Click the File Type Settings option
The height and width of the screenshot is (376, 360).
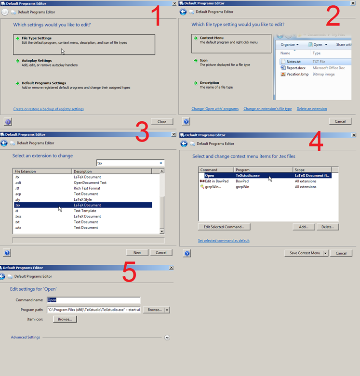click(x=84, y=44)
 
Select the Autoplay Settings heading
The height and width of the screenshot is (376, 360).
click(x=37, y=61)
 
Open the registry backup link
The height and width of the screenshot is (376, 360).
click(x=49, y=109)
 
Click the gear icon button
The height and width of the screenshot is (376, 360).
click(x=8, y=122)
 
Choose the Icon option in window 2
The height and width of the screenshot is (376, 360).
click(x=203, y=61)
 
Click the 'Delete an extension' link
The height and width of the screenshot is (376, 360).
click(x=312, y=109)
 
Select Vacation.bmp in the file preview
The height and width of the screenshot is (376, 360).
click(x=297, y=74)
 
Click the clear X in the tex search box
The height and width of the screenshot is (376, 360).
click(x=161, y=163)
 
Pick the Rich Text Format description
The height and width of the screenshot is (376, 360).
click(x=87, y=188)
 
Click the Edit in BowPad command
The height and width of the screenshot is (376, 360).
click(x=217, y=182)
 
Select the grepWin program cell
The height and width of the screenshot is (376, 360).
click(x=242, y=187)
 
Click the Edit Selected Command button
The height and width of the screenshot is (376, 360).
click(x=224, y=227)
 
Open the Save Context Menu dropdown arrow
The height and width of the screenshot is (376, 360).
click(x=325, y=253)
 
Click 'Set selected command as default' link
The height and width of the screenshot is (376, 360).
click(x=224, y=241)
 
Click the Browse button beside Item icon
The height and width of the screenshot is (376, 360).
click(x=65, y=319)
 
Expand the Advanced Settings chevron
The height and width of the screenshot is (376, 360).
click(x=167, y=337)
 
